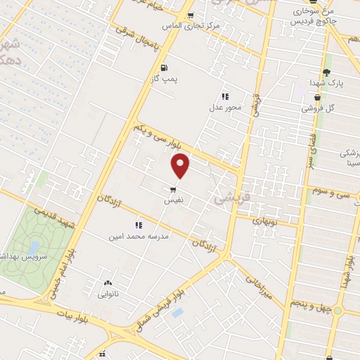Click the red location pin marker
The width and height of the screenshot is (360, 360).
[x=181, y=166]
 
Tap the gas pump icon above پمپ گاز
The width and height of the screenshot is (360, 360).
[x=164, y=68]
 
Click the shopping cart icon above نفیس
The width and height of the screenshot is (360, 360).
[x=173, y=189]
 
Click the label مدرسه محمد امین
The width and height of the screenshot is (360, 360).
[x=139, y=238]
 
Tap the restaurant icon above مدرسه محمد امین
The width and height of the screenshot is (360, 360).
[x=139, y=226]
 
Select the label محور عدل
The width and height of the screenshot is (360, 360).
[x=225, y=108]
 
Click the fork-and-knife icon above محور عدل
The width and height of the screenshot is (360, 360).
[x=225, y=96]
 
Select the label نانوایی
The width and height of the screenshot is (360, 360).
[x=108, y=292]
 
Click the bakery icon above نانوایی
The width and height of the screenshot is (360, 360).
[x=108, y=281]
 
